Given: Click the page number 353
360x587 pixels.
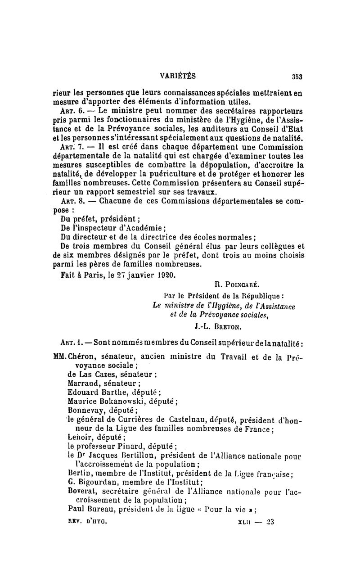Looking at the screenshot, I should (x=297, y=76).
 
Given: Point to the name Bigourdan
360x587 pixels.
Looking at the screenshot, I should (x=93, y=482).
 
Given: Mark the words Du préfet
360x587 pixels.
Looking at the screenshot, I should (x=76, y=219).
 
